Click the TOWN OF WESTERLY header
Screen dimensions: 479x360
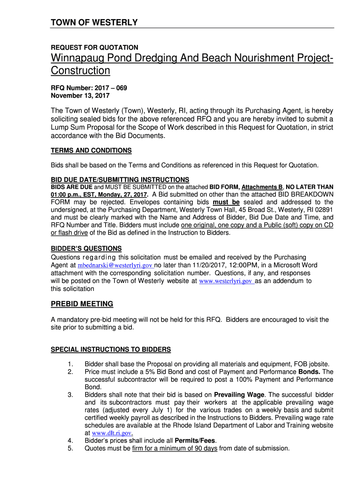coord(94,22)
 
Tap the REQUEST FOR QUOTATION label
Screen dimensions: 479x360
coord(94,47)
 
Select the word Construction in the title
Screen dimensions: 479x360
coord(80,71)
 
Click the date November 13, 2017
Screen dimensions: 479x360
coord(80,95)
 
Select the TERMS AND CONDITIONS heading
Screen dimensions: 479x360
coord(91,151)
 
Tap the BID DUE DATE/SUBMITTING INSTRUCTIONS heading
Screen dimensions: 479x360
coord(120,180)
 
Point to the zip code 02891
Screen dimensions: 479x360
coord(323,210)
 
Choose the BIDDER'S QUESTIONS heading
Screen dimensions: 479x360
coord(86,248)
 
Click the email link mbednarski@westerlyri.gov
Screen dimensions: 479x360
coord(115,265)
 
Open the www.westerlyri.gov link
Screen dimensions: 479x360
coord(226,281)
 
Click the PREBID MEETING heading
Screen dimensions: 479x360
coord(82,304)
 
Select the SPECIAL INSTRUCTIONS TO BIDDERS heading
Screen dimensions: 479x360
coord(110,349)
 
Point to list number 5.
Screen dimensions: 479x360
coord(70,448)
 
